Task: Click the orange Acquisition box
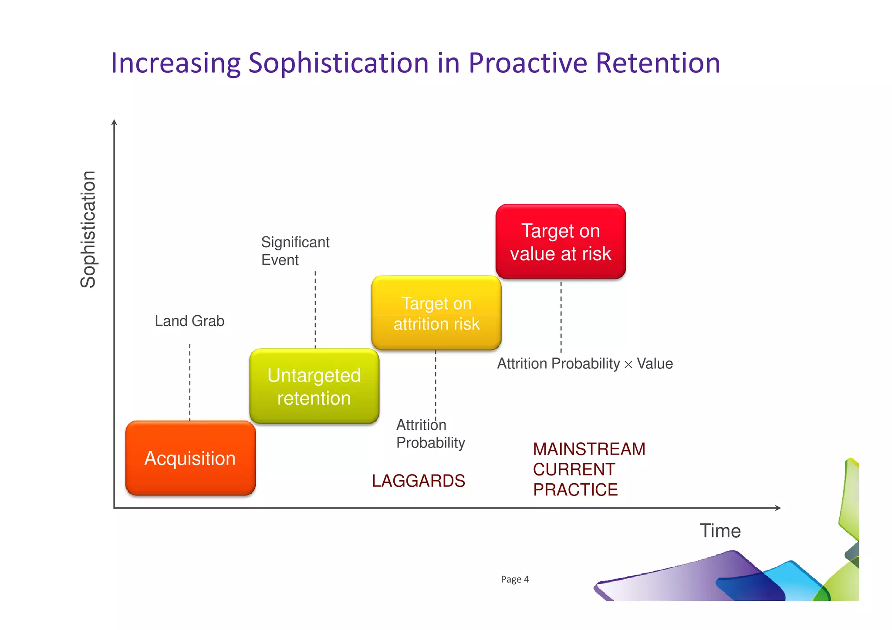(190, 458)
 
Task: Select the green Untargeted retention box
(314, 386)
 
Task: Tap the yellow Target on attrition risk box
(436, 313)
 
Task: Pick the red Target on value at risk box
(561, 242)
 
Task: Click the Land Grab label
(189, 321)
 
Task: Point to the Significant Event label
(295, 251)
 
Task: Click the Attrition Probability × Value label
(585, 364)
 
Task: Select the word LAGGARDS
(418, 481)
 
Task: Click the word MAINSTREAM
(589, 449)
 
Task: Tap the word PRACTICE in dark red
(575, 490)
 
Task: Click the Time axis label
(720, 531)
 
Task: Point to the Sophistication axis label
(88, 229)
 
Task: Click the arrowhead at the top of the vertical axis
(114, 122)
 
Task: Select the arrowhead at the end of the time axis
(778, 508)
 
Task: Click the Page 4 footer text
(515, 579)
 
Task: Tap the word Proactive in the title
(528, 63)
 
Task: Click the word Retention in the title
(657, 63)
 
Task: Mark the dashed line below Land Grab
(190, 382)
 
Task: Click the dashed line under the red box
(561, 317)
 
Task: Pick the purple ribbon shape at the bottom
(679, 579)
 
